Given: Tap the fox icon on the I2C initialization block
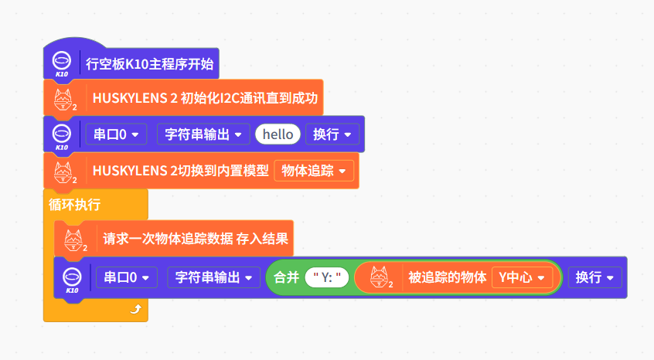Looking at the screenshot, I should coord(64,99).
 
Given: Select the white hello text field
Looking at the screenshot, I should coord(278,134).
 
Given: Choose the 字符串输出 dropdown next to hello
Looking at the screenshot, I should coord(203,134).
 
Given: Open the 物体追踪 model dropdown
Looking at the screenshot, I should coord(313,170).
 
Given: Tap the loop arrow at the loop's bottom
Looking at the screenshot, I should coord(137,309).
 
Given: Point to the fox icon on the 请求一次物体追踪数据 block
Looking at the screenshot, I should coord(75,239).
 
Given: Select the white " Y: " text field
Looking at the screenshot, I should coord(328,277).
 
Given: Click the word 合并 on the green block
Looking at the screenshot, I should coord(287,277).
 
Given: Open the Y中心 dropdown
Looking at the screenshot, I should coord(522,277).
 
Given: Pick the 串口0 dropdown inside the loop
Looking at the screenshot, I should coord(126,277).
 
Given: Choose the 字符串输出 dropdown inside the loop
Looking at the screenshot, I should coord(213,277).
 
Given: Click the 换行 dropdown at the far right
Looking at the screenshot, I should coord(594,277).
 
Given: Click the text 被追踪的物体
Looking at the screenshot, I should coord(446,277).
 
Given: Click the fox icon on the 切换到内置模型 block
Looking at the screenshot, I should coord(64,171).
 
